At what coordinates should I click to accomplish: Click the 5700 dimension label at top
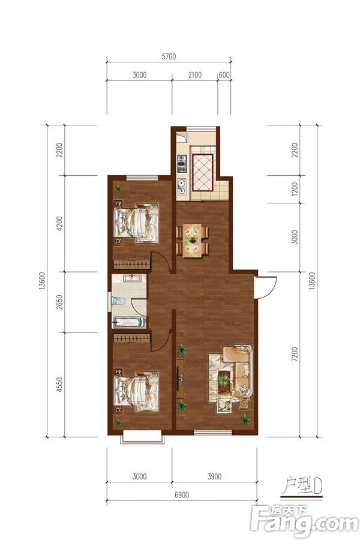169,56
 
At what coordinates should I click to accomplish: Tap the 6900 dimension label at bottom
182,495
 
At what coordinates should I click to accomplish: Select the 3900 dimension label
214,476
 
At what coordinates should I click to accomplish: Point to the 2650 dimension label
59,302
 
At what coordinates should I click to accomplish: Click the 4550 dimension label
59,385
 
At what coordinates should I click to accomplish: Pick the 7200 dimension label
294,354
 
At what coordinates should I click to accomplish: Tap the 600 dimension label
224,75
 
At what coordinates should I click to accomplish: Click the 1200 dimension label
294,189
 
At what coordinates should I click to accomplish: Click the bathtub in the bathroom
130,323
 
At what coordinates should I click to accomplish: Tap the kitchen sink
181,187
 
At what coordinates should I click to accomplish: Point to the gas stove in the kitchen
181,163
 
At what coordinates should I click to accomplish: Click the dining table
193,241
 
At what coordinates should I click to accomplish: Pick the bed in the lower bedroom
136,392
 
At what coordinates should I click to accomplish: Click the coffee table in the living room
225,380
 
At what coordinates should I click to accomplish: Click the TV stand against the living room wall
180,379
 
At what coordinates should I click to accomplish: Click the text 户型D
302,485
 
